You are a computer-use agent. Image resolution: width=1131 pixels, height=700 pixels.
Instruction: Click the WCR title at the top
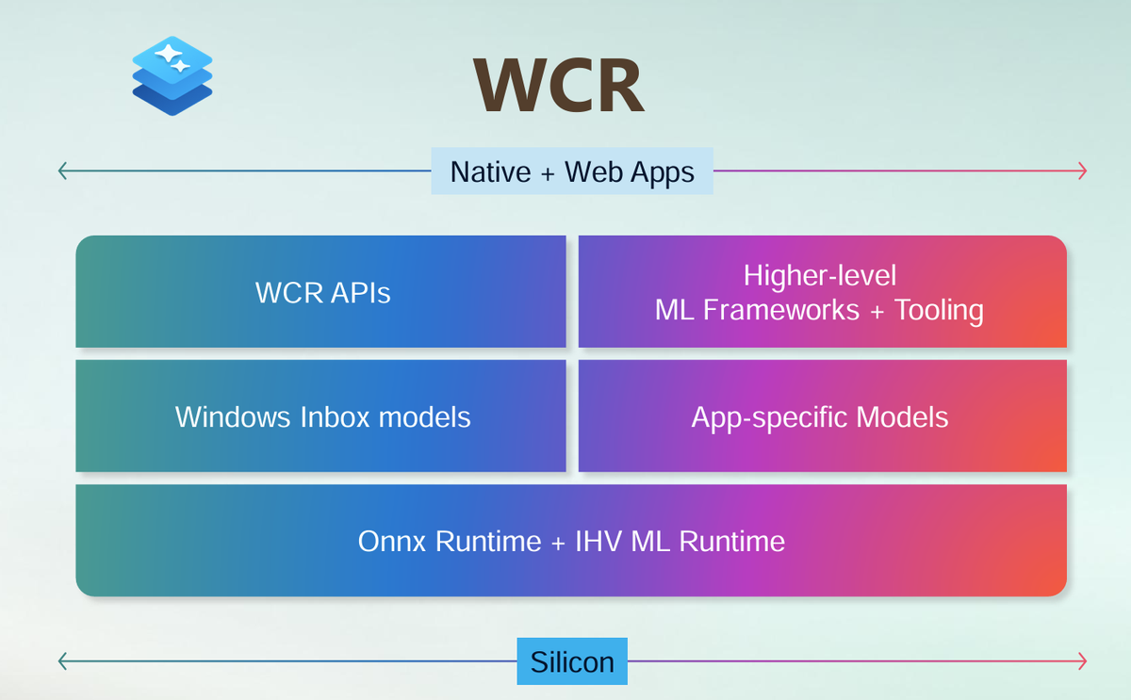coord(558,84)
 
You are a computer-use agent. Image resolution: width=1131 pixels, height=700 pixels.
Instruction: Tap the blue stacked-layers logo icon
coord(172,75)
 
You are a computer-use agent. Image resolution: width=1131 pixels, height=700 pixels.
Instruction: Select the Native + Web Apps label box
coord(572,171)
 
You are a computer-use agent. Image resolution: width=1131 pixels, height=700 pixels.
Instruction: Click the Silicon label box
coord(572,661)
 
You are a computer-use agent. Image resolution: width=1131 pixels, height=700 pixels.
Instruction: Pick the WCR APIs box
coord(320,292)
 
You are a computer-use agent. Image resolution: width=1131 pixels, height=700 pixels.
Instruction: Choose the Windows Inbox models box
coord(320,415)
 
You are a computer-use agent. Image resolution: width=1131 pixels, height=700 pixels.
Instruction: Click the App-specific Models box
coord(823,415)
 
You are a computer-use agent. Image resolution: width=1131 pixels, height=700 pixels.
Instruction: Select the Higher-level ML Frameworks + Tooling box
coord(823,292)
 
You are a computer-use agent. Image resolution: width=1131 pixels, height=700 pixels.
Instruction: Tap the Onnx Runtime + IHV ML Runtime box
coord(571,541)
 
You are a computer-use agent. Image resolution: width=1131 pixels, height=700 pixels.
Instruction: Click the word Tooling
coord(939,309)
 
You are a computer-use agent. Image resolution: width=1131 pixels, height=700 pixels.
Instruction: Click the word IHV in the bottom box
coord(598,541)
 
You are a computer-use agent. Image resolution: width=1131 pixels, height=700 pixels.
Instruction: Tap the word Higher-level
coord(820,275)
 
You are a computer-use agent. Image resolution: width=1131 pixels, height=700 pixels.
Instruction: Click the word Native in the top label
coord(490,171)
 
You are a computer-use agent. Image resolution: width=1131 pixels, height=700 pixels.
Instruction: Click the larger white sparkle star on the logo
coord(168,54)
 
